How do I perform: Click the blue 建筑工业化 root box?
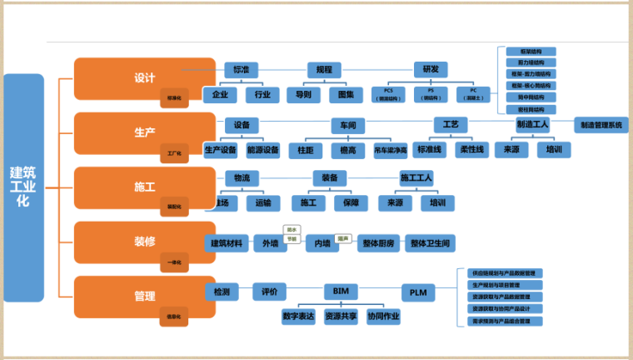click(23, 187)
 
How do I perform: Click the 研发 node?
click(430, 69)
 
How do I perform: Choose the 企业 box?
click(220, 94)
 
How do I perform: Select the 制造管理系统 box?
click(604, 125)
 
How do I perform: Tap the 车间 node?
click(348, 126)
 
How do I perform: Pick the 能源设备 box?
click(263, 150)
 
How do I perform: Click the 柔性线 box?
click(472, 150)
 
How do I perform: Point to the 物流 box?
click(242, 177)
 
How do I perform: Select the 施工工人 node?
click(416, 177)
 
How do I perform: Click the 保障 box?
click(350, 202)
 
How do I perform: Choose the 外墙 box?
click(270, 243)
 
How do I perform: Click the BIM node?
click(340, 292)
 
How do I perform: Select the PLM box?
click(417, 292)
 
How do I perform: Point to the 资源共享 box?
click(341, 317)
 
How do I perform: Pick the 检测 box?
click(222, 292)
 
